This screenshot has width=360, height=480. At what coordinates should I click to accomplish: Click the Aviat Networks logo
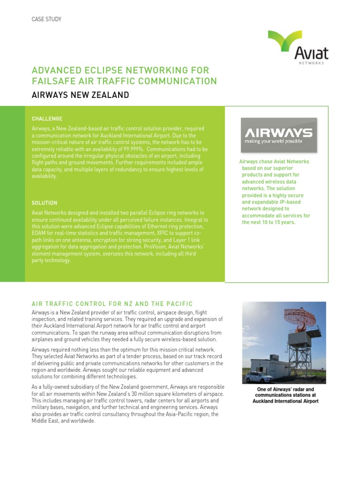(x=298, y=47)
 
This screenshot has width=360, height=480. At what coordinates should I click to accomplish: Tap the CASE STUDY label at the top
(x=46, y=19)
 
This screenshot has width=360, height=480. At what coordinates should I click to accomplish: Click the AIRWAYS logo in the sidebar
(x=279, y=135)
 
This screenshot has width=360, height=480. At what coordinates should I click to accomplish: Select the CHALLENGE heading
(x=47, y=119)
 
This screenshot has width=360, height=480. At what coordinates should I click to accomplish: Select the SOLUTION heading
(x=45, y=203)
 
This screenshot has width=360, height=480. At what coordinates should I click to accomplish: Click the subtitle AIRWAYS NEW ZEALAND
(x=80, y=95)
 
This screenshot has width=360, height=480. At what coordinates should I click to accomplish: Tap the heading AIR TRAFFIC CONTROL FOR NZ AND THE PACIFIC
(x=112, y=304)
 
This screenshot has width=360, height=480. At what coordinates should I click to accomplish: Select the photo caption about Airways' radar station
(x=285, y=395)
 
